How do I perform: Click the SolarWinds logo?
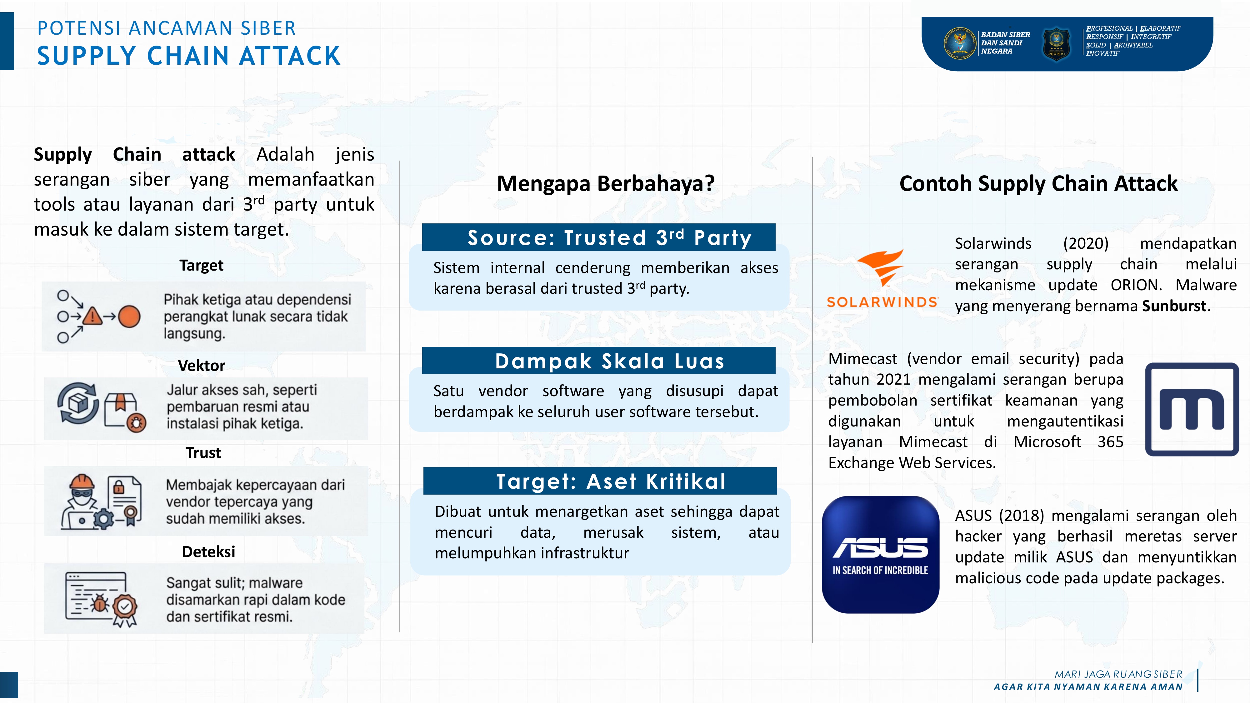882,279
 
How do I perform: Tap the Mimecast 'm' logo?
1192,409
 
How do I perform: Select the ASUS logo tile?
880,555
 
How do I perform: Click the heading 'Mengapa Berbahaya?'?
606,183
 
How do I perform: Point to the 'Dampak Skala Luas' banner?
599,361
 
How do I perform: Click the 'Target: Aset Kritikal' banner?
600,481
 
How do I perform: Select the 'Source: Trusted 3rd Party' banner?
599,237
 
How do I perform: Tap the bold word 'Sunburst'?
1174,306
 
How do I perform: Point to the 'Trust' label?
203,453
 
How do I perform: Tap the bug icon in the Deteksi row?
100,603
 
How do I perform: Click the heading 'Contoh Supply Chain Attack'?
1038,183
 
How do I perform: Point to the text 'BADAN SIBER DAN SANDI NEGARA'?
1005,43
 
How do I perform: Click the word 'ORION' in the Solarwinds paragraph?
1136,285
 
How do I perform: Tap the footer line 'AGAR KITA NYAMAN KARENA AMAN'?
1088,686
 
